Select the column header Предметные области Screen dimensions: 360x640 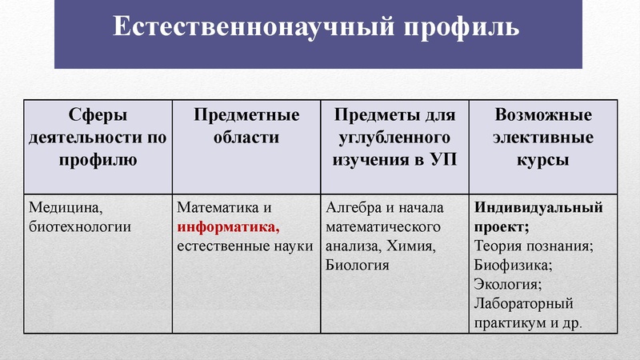coord(246,126)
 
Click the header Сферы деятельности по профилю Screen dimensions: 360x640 coord(98,137)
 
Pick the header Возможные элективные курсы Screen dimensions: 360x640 coord(544,137)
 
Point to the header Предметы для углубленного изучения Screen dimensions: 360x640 coord(394,137)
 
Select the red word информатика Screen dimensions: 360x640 coord(227,226)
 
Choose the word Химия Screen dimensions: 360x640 coord(414,245)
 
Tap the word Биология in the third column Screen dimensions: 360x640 coord(358,263)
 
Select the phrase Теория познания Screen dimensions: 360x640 coord(533,245)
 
